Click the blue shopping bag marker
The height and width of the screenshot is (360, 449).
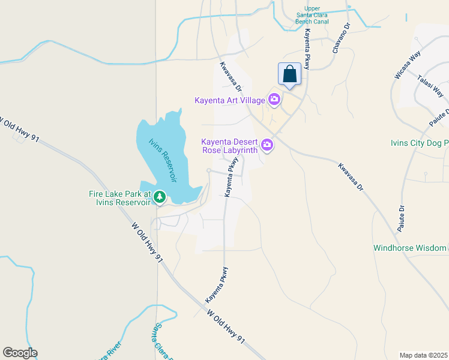[289, 74]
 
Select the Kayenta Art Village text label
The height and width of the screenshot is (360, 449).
[229, 100]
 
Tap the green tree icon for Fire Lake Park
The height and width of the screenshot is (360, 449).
[160, 196]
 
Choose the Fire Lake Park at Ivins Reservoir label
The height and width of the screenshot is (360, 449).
[118, 198]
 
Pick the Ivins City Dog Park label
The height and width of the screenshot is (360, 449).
[419, 143]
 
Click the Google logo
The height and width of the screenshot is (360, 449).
[20, 353]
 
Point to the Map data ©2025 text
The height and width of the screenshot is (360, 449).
[423, 355]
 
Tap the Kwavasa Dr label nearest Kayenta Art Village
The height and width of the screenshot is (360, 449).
[230, 77]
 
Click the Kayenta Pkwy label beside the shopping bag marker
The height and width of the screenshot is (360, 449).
[307, 49]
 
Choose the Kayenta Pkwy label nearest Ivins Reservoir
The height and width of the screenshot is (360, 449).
[232, 178]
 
